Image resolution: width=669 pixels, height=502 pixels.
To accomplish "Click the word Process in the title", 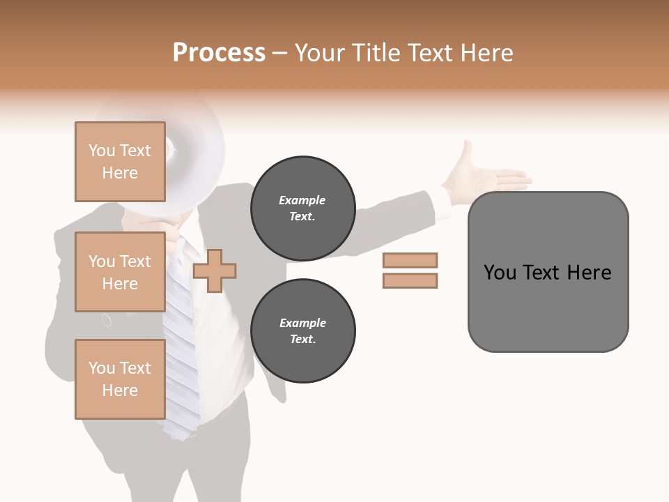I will coord(219,53).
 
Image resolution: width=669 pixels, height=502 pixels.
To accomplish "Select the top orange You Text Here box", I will coord(120,162).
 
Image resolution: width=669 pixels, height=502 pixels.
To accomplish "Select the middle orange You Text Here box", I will coord(120,272).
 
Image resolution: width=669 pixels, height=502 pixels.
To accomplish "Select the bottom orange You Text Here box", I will coord(120,379).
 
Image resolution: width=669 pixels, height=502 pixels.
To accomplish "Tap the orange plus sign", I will coord(215,271).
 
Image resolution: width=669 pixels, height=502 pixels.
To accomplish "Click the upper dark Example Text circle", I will coord(302,208).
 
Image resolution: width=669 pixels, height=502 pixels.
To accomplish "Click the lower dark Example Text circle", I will coord(302,330).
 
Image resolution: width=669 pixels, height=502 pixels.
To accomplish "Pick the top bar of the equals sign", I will coord(410,260).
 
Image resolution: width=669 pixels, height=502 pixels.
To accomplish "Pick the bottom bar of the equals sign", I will coord(410,280).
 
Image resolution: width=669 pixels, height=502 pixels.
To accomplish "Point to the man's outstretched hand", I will coord(488,178).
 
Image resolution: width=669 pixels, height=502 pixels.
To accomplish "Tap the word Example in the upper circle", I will coord(302,200).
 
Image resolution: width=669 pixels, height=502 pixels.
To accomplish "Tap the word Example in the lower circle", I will coord(302,323).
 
